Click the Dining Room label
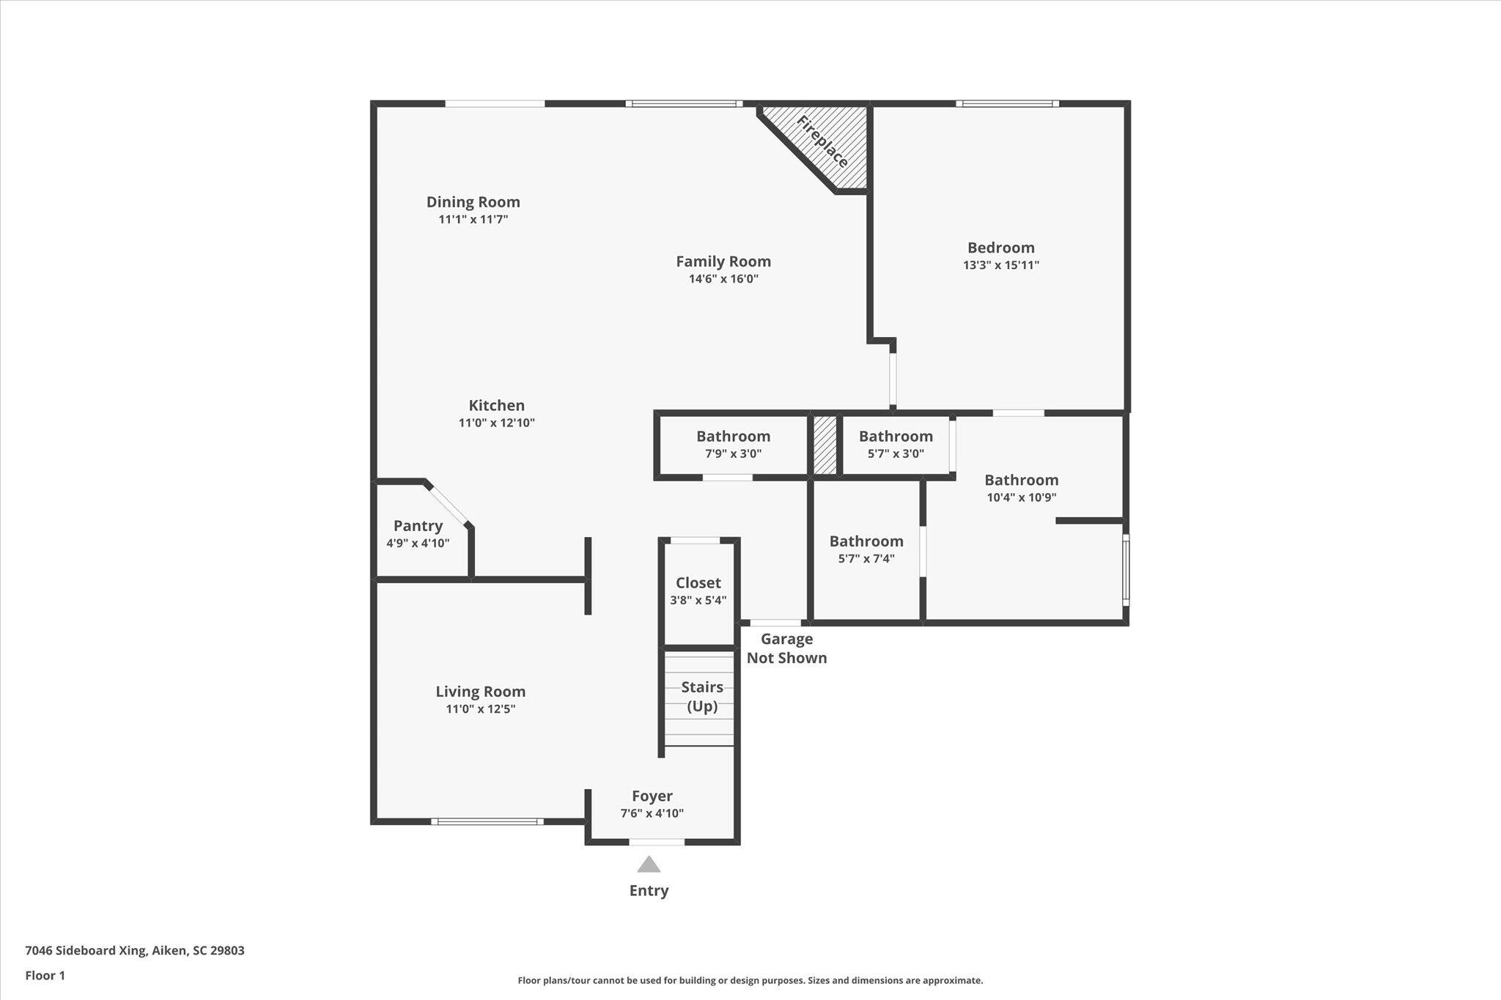(473, 202)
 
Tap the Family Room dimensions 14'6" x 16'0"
(723, 279)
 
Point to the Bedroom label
(1001, 248)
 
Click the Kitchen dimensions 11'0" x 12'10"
(497, 423)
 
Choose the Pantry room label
(418, 526)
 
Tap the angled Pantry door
(449, 504)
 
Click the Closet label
(698, 583)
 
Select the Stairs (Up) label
(702, 697)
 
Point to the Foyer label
(652, 796)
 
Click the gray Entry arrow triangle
(649, 865)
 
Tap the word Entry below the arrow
(649, 891)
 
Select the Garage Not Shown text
(787, 648)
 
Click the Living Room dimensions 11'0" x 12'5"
(481, 709)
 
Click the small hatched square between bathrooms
(825, 445)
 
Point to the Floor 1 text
(45, 976)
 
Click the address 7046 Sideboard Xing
(86, 951)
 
